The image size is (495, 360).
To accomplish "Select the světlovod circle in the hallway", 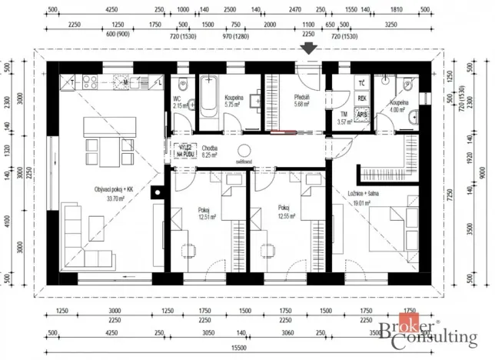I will click(x=245, y=152).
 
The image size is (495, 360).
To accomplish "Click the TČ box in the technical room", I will click(x=361, y=84).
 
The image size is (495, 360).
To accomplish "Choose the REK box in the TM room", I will click(x=361, y=99).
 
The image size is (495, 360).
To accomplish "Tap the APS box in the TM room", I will click(x=362, y=115).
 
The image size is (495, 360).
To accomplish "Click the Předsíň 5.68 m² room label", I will click(x=301, y=102).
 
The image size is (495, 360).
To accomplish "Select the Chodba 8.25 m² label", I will click(x=211, y=152).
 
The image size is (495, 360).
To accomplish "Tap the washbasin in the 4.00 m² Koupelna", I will click(x=413, y=118).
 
